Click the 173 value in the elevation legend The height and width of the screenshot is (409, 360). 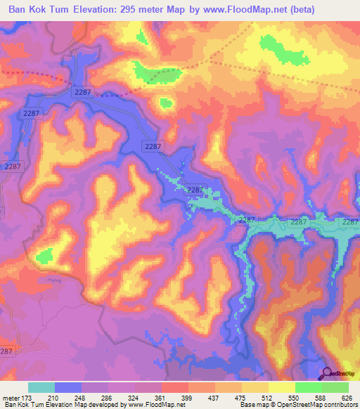[x=28, y=398]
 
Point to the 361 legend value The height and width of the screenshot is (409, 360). [x=161, y=398]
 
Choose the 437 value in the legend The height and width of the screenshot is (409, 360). [x=214, y=398]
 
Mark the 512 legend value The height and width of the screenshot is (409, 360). [x=267, y=398]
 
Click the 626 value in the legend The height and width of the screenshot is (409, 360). [x=347, y=398]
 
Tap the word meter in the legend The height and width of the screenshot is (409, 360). [x=11, y=398]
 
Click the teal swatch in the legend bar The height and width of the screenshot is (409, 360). [x=41, y=387]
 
